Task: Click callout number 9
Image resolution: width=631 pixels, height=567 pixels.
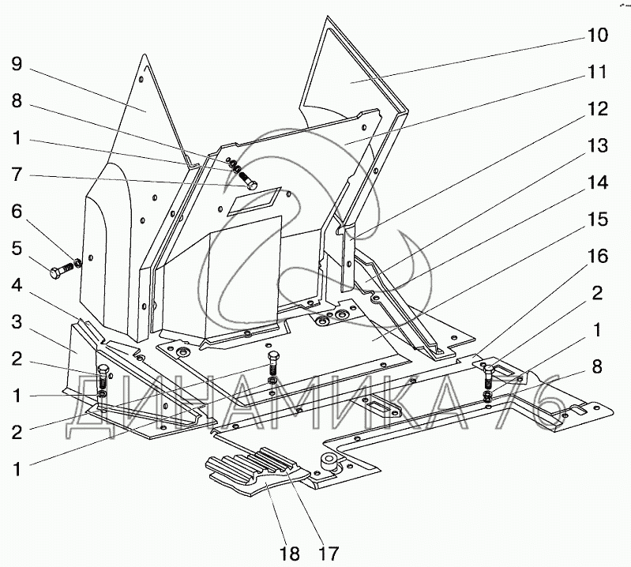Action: pos(17,64)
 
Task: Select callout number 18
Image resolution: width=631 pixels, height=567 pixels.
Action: pos(290,552)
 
